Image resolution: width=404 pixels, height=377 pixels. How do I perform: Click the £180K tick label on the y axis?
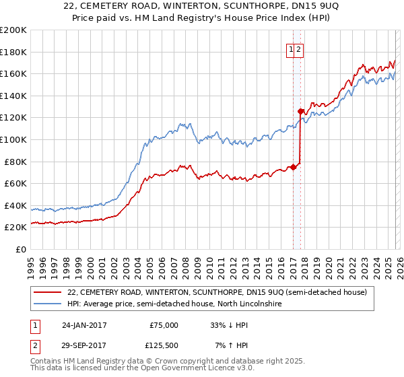[13, 52]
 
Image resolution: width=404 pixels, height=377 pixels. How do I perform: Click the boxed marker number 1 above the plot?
[292, 48]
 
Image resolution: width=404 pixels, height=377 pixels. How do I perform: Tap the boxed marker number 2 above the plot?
[299, 48]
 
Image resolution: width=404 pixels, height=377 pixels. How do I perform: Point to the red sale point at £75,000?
[293, 168]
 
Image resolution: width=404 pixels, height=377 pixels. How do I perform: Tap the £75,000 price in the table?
[164, 325]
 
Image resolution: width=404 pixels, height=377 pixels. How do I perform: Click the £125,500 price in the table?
[164, 345]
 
